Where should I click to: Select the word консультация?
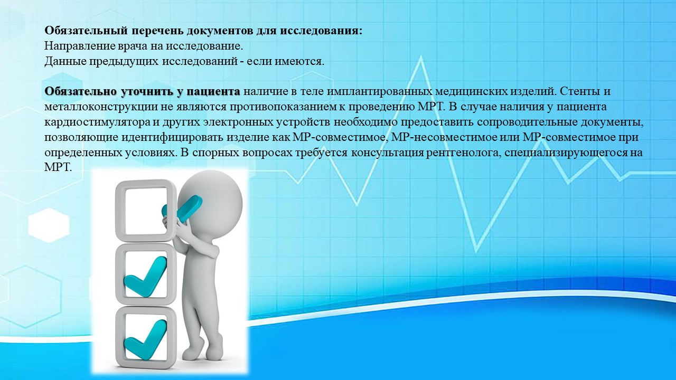(388, 153)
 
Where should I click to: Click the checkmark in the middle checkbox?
(145, 277)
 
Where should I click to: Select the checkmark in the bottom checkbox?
(145, 340)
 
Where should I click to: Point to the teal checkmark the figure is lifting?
(182, 208)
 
